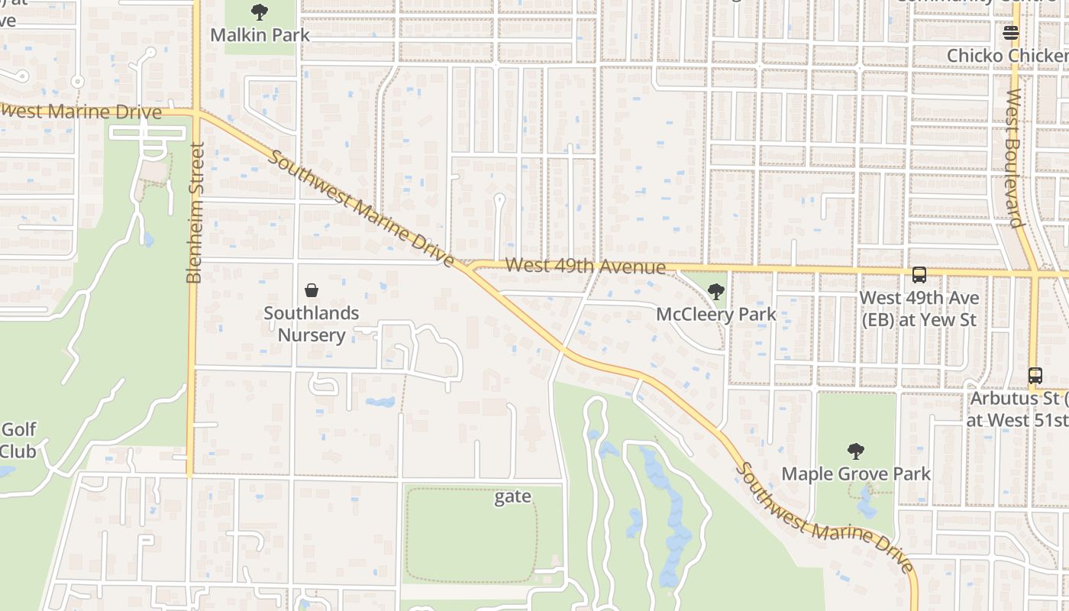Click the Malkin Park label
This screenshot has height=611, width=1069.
point(260,35)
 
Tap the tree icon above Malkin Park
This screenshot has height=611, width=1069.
point(260,12)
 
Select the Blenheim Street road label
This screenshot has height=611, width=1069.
point(195,213)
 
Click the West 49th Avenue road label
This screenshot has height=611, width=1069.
point(586,267)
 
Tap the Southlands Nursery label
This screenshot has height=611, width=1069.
point(312,324)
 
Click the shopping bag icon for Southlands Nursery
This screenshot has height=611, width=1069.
point(312,290)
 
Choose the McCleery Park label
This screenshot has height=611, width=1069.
point(716,314)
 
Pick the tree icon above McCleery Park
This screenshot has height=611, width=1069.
point(715,291)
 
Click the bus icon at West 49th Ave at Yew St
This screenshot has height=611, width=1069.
point(919,275)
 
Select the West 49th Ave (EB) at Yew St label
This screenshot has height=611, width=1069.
point(919,309)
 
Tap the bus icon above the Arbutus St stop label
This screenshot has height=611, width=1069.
point(1035,376)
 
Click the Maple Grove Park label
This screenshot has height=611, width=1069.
point(856,474)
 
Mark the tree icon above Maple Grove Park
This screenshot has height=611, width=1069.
point(856,451)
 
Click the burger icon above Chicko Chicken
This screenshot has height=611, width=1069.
point(1011,33)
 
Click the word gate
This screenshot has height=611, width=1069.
point(512,497)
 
